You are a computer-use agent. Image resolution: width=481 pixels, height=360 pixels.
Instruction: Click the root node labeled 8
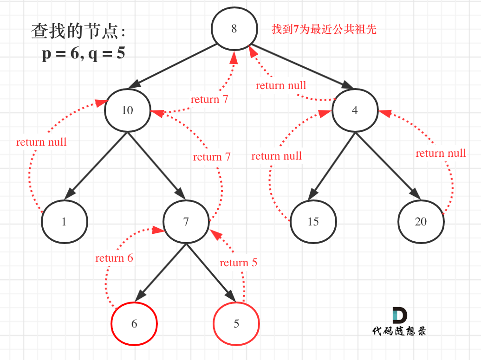234,29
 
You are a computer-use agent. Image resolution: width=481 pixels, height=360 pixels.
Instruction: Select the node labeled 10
127,110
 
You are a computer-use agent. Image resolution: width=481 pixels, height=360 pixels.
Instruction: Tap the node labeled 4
355,110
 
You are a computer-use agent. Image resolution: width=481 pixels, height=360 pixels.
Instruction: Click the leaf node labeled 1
64,222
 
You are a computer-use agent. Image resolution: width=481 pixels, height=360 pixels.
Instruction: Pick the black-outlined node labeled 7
186,222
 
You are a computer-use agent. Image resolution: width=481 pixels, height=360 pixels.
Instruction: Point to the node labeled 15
313,222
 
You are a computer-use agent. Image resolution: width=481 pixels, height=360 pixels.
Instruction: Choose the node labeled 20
421,222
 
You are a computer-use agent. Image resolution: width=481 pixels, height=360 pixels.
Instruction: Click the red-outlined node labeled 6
134,323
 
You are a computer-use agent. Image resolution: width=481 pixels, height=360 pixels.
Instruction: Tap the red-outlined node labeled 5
236,323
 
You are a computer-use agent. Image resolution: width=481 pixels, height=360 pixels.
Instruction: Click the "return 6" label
114,258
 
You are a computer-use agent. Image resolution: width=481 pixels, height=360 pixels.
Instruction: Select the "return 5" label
238,263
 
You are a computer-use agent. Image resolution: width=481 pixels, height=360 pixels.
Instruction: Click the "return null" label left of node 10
41,142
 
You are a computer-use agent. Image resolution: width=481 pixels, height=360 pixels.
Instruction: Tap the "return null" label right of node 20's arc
441,153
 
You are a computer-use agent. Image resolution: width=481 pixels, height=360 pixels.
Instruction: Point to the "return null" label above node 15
276,156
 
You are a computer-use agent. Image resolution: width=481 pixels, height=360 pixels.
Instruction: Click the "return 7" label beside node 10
209,99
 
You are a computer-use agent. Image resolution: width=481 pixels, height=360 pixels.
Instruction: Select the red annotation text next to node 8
324,30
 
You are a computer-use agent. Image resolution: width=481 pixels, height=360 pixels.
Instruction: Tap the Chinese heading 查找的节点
78,32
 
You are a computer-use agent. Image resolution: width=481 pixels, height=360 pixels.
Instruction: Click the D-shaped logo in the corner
399,315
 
